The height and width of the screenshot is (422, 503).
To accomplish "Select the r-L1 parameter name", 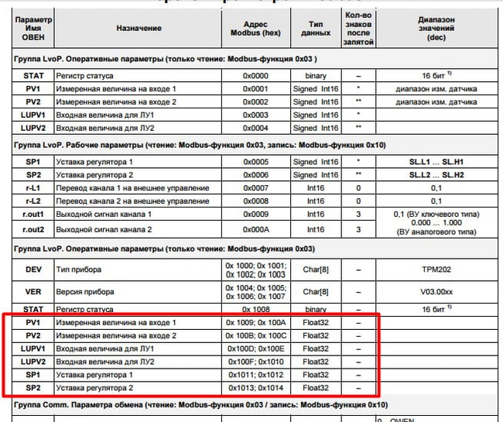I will (x=32, y=188).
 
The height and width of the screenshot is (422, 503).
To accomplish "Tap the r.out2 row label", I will (x=32, y=229).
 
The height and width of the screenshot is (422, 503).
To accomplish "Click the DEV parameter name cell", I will (x=32, y=269).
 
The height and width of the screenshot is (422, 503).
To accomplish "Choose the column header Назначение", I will (x=139, y=28).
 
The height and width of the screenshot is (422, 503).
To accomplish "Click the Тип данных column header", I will (x=316, y=28).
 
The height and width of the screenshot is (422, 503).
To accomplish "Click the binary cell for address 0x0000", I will (x=316, y=76).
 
